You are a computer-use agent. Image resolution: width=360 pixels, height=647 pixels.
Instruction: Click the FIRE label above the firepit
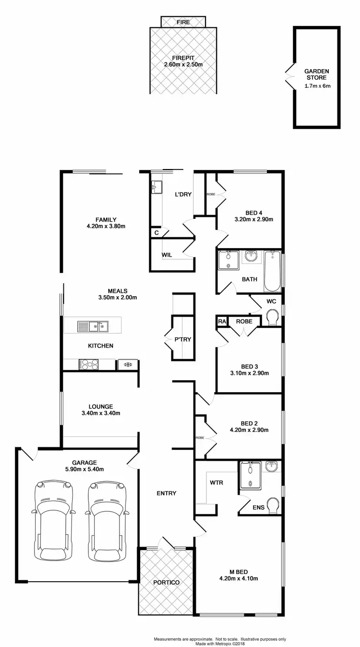click(x=183, y=22)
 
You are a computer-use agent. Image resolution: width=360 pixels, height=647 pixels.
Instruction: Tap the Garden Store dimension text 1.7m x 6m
click(x=317, y=86)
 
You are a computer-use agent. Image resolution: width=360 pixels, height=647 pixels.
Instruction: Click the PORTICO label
click(x=166, y=582)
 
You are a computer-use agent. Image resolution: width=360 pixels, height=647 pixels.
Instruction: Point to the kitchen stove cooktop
click(x=88, y=364)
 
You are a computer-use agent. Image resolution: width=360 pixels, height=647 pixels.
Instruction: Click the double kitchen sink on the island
click(x=93, y=327)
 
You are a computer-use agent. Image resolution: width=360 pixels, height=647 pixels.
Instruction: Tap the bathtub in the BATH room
click(x=273, y=271)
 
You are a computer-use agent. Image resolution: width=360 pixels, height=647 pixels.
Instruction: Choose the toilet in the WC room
click(x=273, y=317)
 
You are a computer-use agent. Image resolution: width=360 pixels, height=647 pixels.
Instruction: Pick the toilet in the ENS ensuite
click(x=273, y=505)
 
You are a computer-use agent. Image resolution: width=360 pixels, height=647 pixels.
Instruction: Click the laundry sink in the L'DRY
click(x=156, y=187)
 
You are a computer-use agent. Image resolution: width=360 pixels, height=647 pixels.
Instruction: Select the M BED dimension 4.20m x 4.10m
click(x=239, y=578)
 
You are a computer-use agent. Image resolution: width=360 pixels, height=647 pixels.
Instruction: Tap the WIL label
click(x=167, y=255)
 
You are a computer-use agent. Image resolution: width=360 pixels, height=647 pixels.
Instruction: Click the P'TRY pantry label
click(x=183, y=339)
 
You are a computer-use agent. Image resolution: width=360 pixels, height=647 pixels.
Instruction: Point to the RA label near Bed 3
click(x=222, y=321)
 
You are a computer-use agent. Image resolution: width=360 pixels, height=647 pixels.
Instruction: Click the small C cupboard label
click(x=156, y=232)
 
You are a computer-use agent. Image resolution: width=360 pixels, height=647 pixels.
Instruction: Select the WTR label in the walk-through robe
click(x=216, y=482)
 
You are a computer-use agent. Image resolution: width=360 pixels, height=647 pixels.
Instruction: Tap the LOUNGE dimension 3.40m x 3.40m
click(x=101, y=413)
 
